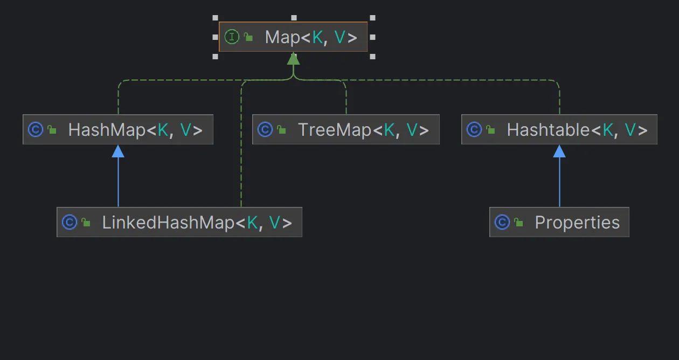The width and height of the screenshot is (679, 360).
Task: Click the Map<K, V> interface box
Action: click(293, 37)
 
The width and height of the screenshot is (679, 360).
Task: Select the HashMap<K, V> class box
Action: click(118, 129)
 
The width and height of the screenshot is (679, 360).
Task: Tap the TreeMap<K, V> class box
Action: click(346, 129)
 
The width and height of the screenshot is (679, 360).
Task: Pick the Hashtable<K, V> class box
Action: click(559, 129)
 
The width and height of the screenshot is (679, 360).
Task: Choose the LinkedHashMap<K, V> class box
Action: click(179, 222)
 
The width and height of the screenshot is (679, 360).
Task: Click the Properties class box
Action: click(559, 222)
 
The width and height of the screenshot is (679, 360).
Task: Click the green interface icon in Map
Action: click(232, 37)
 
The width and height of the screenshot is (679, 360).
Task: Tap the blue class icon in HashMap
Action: click(36, 130)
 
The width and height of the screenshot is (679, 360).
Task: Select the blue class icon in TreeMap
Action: click(265, 130)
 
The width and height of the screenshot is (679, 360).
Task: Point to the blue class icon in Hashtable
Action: click(474, 130)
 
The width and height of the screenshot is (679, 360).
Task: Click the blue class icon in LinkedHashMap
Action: click(70, 223)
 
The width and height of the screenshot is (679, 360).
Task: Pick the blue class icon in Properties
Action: click(502, 223)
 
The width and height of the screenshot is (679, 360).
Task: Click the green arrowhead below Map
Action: click(293, 59)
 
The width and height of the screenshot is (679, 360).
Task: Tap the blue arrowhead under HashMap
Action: click(118, 151)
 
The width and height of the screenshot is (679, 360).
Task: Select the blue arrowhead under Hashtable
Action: click(559, 151)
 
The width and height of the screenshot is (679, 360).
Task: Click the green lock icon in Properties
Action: click(518, 223)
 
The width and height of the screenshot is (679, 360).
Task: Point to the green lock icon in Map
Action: click(248, 37)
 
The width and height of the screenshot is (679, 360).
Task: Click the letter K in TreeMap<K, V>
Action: click(389, 130)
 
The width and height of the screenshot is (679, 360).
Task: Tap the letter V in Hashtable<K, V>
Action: click(630, 130)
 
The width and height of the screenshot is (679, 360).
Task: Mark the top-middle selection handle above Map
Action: click(294, 18)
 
